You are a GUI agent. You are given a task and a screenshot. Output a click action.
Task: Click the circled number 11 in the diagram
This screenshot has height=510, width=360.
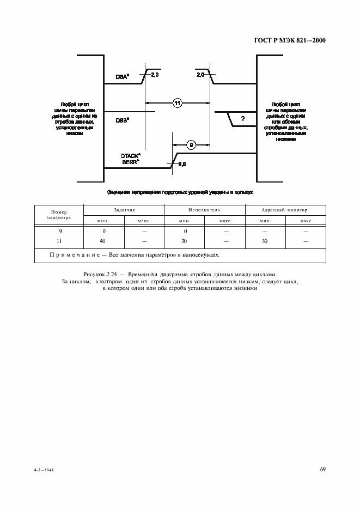[x=178, y=102]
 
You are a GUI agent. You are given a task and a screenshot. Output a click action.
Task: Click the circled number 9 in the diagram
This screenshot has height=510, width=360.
[x=191, y=144]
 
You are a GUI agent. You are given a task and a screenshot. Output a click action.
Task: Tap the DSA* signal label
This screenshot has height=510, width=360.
[x=121, y=77]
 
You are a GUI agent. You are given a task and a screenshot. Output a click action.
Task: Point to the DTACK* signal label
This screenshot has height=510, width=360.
[x=131, y=156]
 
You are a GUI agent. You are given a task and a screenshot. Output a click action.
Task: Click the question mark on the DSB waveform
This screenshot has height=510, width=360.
[x=242, y=119]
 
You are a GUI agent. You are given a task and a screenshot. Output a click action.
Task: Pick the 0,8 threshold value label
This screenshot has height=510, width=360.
[x=183, y=164]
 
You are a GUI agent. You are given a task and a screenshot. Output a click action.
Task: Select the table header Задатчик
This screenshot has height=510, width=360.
[x=124, y=210]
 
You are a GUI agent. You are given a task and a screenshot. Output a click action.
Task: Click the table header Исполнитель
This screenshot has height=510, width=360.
[x=204, y=210]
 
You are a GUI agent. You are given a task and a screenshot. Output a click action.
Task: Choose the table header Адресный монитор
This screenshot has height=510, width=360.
[x=285, y=210]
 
